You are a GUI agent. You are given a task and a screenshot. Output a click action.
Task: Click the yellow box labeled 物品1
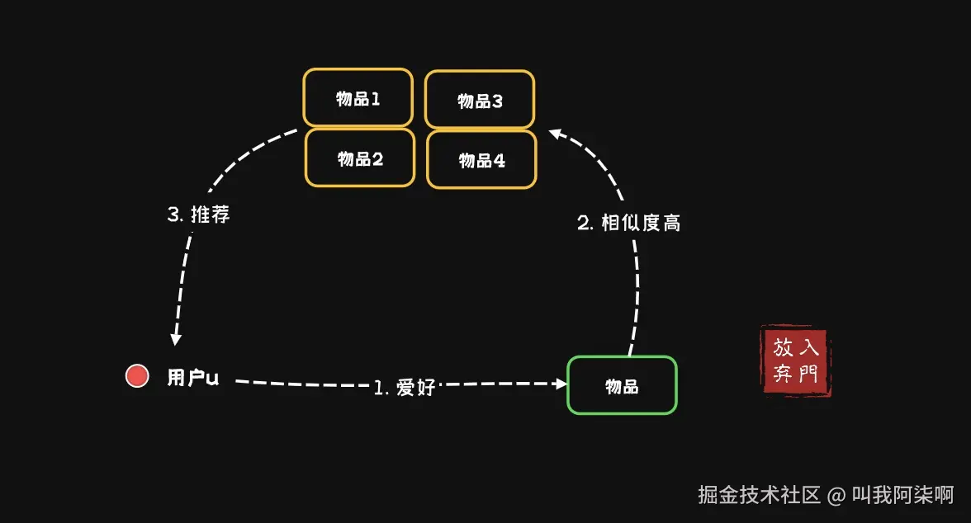[358, 99]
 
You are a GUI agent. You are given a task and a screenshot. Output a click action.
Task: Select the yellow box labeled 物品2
[360, 158]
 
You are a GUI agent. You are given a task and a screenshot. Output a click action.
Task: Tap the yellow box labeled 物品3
[480, 101]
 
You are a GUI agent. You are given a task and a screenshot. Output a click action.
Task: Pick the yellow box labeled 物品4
[481, 160]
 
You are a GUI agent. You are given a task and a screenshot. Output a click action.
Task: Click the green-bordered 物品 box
[622, 385]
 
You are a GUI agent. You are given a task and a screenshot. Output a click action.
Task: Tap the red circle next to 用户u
[137, 376]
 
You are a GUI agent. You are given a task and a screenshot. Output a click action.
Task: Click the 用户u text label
[193, 378]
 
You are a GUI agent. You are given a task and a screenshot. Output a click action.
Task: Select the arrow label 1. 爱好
[405, 387]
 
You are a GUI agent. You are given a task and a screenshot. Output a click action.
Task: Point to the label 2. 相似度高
[628, 223]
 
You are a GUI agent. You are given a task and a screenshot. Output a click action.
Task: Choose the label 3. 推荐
[198, 215]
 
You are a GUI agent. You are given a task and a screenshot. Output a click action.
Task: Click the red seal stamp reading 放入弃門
[794, 360]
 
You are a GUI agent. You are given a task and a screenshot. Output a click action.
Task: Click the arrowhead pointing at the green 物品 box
[561, 384]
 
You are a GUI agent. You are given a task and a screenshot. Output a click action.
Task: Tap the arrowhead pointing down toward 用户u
[175, 338]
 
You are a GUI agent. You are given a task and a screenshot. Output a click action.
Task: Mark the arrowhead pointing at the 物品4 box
[556, 134]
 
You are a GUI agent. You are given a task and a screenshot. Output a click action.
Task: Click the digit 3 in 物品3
[497, 101]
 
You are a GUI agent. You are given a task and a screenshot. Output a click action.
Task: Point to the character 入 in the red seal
[809, 347]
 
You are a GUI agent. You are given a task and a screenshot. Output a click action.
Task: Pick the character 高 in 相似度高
[671, 223]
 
